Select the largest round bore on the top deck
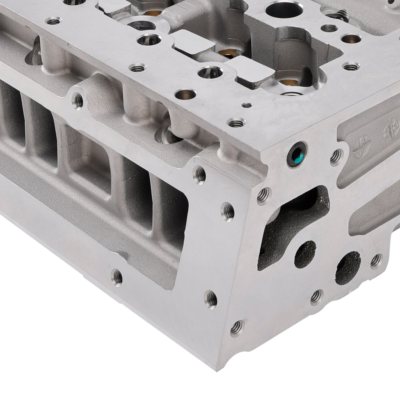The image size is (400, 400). click(277, 10)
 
